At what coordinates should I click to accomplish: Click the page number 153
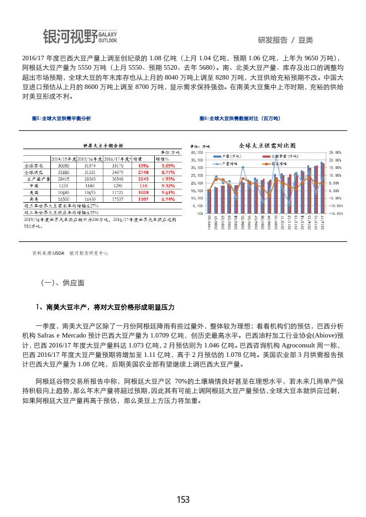point(183,499)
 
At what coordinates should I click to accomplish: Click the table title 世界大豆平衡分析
point(103,145)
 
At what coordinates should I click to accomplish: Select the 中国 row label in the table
point(34,186)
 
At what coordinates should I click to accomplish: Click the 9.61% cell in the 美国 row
point(168,192)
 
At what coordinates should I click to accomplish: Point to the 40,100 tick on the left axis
point(196,152)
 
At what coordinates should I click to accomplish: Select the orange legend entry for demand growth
point(278,163)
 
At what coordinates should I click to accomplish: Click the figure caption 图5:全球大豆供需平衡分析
point(61,119)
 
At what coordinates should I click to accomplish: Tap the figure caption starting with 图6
point(239,119)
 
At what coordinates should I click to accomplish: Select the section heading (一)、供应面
point(62,282)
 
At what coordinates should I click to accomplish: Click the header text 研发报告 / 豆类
point(285,40)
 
